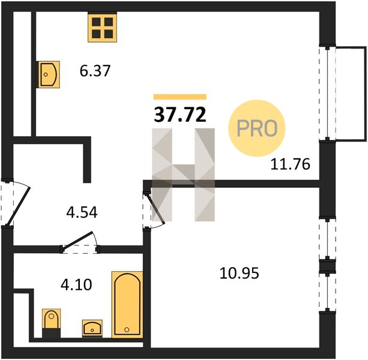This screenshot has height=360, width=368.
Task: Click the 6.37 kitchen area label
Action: (x=95, y=71)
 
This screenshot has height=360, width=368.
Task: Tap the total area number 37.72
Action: (x=180, y=115)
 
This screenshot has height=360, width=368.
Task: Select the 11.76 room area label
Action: (x=291, y=164)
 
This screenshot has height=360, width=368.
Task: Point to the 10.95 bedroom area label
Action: (x=240, y=273)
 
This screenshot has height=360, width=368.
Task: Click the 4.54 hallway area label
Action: (x=82, y=213)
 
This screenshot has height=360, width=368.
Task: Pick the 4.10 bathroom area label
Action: (x=76, y=285)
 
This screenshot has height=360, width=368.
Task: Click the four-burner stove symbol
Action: (x=102, y=28)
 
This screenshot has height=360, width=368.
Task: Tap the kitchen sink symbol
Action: (x=49, y=74)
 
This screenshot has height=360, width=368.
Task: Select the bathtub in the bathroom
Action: (x=127, y=305)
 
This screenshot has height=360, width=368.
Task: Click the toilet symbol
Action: (x=52, y=323)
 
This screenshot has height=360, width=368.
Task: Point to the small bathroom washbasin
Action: (x=92, y=328)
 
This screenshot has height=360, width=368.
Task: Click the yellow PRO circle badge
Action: (x=257, y=128)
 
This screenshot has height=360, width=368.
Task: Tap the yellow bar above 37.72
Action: (x=180, y=97)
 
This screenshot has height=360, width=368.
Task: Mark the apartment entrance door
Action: (x=14, y=203)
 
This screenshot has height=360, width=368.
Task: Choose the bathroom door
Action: (x=80, y=243)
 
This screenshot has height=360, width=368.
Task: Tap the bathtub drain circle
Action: (x=127, y=329)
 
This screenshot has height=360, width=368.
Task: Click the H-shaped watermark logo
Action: (x=183, y=175)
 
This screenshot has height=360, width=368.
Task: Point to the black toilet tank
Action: (x=52, y=333)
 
